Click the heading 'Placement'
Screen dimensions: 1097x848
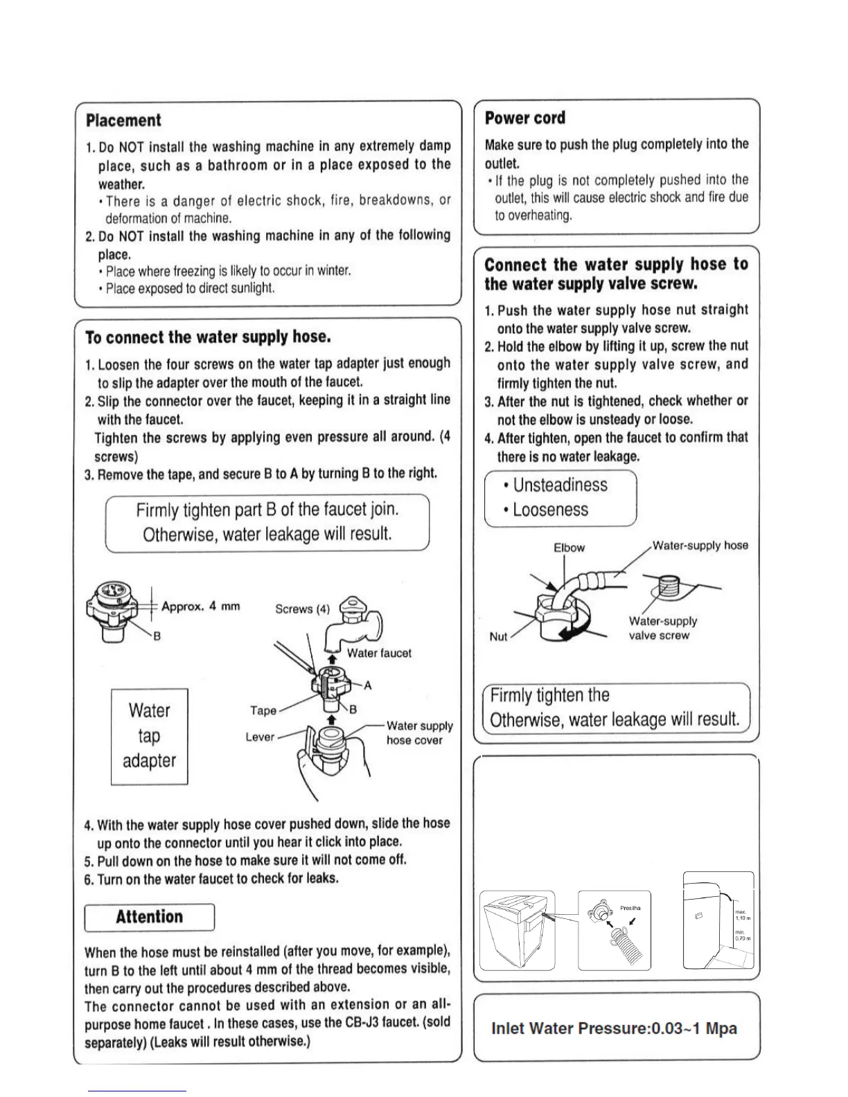click(x=123, y=121)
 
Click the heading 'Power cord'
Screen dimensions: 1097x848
click(x=524, y=118)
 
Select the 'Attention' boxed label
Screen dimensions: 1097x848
click(x=149, y=917)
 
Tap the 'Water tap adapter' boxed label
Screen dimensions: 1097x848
click(x=149, y=736)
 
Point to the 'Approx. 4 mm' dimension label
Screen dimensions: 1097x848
click(x=200, y=607)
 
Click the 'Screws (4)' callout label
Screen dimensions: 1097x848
click(x=302, y=609)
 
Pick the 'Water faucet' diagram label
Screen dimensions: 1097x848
click(x=379, y=653)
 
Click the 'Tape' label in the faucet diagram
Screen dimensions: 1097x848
click(x=263, y=711)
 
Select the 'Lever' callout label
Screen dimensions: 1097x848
click(x=260, y=737)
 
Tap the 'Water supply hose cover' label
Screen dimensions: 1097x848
click(x=419, y=733)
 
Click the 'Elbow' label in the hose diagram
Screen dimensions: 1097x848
click(x=569, y=548)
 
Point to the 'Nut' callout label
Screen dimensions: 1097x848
click(x=498, y=636)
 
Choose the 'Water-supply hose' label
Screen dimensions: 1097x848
click(x=700, y=546)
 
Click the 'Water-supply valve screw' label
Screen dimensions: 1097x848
click(x=662, y=628)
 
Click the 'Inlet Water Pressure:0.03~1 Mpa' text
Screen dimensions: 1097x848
click(x=614, y=1028)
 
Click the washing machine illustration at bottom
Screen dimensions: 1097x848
click(x=517, y=930)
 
